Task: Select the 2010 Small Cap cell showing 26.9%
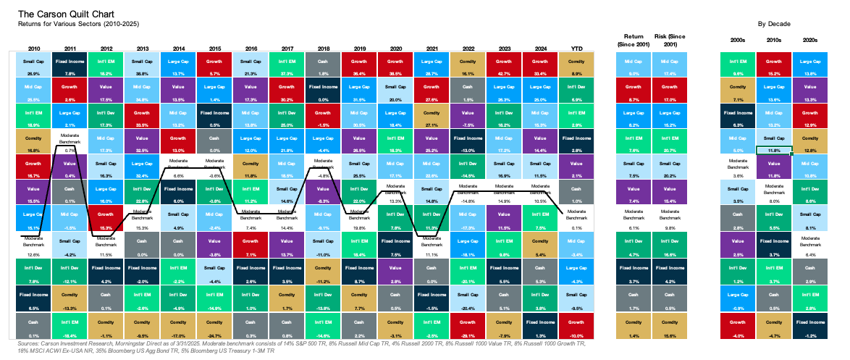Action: tap(34, 66)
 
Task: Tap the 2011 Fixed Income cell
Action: tap(70, 66)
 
